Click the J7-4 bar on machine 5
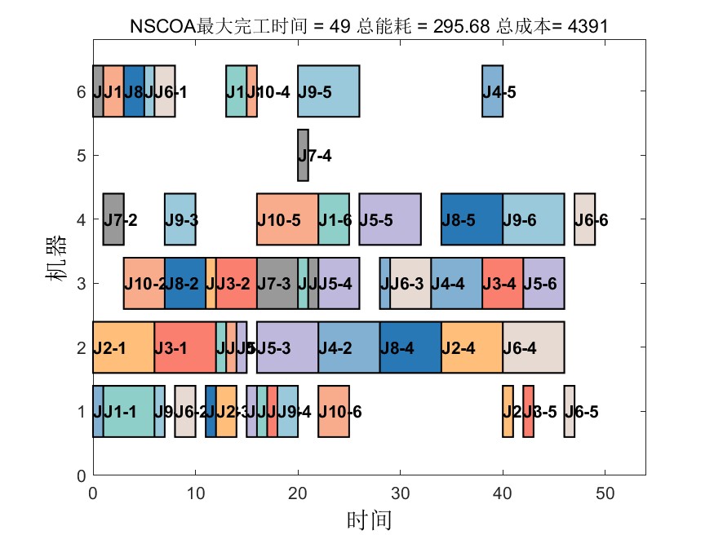click(303, 155)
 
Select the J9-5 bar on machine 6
click(328, 91)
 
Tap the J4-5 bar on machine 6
click(492, 91)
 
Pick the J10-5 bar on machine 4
click(287, 219)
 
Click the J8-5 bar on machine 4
click(472, 219)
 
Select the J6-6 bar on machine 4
click(584, 219)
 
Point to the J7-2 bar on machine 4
click(113, 219)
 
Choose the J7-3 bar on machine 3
click(277, 284)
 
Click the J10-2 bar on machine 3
click(144, 284)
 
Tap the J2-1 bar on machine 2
click(123, 347)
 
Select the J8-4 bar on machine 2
click(410, 347)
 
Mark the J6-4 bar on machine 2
click(534, 347)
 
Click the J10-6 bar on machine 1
click(334, 412)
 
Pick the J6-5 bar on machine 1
click(570, 412)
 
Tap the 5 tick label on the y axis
click(81, 155)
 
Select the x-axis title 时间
click(370, 519)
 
